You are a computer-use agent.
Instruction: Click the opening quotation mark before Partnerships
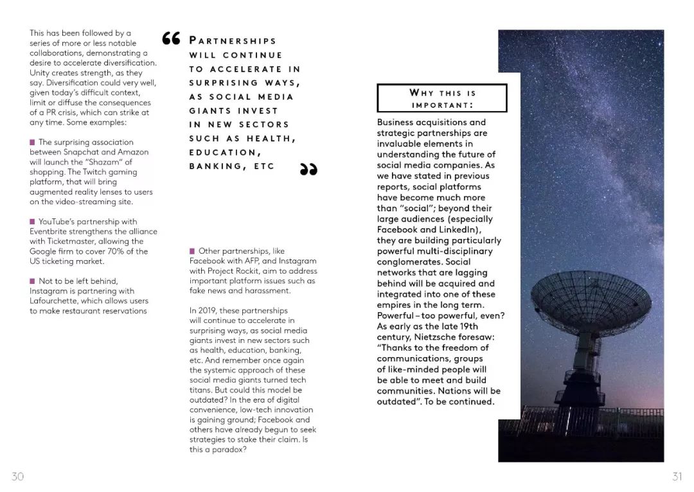[x=172, y=40]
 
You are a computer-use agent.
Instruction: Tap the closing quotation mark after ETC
[x=308, y=168]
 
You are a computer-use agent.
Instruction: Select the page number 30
[x=17, y=476]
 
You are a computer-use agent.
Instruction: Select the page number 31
[x=677, y=476]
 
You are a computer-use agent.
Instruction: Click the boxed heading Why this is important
[x=442, y=98]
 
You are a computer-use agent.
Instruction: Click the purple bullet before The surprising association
[x=32, y=142]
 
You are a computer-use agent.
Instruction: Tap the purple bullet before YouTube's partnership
[x=32, y=222]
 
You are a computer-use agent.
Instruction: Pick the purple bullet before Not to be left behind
[x=32, y=281]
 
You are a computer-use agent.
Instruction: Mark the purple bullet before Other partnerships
[x=192, y=251]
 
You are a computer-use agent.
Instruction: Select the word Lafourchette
[x=53, y=301]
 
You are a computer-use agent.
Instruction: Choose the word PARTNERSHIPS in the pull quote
[x=233, y=41]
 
